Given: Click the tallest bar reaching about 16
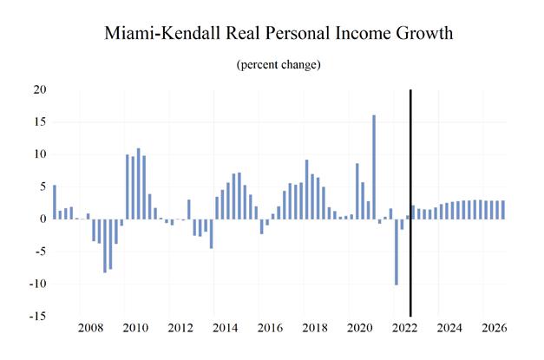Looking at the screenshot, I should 374,167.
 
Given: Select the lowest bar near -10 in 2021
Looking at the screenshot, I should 396,252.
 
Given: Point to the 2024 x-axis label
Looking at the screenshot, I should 449,329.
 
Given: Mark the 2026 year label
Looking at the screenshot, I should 493,329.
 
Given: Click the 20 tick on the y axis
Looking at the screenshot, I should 40,89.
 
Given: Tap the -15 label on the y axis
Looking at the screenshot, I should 37,317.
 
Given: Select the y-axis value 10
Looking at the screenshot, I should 40,154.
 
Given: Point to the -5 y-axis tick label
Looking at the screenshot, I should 40,252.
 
